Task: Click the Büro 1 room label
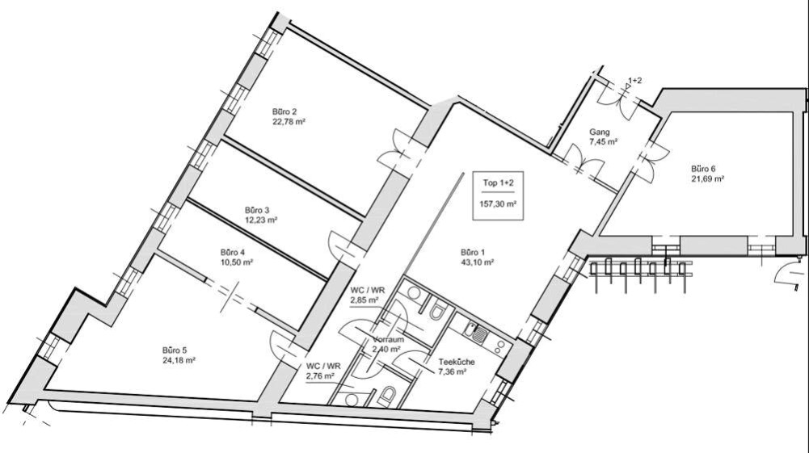(x=473, y=253)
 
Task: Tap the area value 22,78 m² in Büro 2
(x=289, y=122)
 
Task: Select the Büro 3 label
(x=257, y=210)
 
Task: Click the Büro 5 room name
(x=175, y=351)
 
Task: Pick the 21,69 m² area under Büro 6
(x=708, y=178)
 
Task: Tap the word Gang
(x=600, y=132)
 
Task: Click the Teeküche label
(x=457, y=362)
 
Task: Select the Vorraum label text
(x=389, y=340)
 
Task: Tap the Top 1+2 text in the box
(x=499, y=182)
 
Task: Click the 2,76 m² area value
(x=320, y=376)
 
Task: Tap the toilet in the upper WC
(x=437, y=311)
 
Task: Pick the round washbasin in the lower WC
(x=352, y=400)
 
